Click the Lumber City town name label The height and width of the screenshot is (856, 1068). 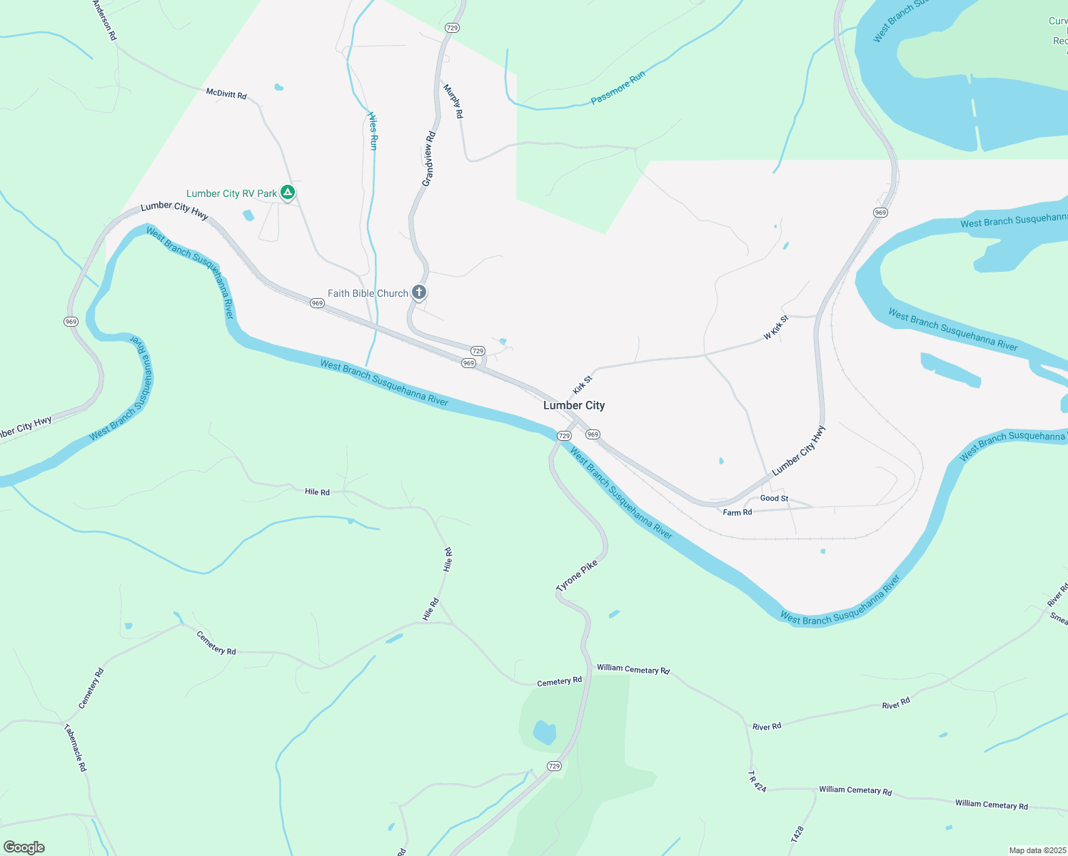(574, 405)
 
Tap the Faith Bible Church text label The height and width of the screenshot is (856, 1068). (368, 293)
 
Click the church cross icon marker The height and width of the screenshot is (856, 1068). (419, 292)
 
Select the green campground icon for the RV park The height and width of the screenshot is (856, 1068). (287, 192)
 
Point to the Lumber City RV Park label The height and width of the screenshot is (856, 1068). (231, 193)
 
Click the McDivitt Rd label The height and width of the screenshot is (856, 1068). (226, 94)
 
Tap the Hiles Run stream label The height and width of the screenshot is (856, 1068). (373, 130)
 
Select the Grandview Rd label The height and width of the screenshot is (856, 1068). (428, 159)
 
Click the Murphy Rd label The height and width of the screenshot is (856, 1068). (453, 101)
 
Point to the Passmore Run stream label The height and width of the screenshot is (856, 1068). (618, 88)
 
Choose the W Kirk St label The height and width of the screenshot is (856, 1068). (776, 327)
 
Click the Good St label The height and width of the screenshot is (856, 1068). (774, 498)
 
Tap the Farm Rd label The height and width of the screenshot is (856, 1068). (737, 512)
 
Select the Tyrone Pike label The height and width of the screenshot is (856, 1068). (577, 576)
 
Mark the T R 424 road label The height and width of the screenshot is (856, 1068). (757, 780)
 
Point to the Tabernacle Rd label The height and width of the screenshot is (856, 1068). (75, 748)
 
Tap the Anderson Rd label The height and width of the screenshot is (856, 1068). (104, 20)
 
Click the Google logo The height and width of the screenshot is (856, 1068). (24, 847)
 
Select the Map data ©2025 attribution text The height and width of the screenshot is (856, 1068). (1037, 850)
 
